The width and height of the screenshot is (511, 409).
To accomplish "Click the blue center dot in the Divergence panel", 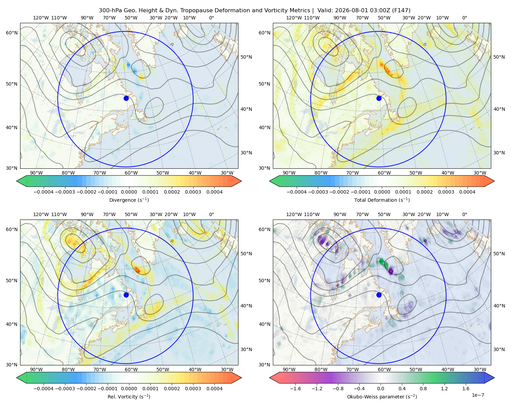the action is (x=126, y=98).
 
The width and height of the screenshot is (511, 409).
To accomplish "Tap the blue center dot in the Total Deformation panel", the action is (x=379, y=98).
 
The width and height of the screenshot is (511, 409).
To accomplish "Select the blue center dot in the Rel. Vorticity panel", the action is (x=126, y=295).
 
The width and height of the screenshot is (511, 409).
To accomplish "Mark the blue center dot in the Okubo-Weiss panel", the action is (x=379, y=295).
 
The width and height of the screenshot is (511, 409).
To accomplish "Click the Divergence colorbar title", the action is (x=129, y=200).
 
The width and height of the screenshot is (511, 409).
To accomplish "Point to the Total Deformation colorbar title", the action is (x=382, y=200).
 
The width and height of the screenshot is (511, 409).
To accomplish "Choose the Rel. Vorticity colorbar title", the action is (x=129, y=396).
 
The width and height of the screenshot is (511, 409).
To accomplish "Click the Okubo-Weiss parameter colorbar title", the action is (x=382, y=396).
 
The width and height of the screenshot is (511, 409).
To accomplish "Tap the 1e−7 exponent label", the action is (x=478, y=395).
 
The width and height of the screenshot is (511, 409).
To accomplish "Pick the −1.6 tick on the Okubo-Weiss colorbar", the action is (x=295, y=389).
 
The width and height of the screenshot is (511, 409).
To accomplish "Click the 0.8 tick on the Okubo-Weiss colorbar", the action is (x=423, y=389).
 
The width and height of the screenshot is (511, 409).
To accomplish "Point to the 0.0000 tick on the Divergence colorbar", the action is (x=129, y=192).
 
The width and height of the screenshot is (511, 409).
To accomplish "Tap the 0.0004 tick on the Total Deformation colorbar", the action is (x=467, y=192).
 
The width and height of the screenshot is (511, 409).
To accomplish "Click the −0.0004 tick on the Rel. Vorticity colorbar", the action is (x=44, y=389).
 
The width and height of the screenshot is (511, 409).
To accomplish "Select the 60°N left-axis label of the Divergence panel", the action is (x=12, y=33).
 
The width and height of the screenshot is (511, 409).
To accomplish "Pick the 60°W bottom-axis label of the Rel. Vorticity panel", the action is (x=131, y=369).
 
